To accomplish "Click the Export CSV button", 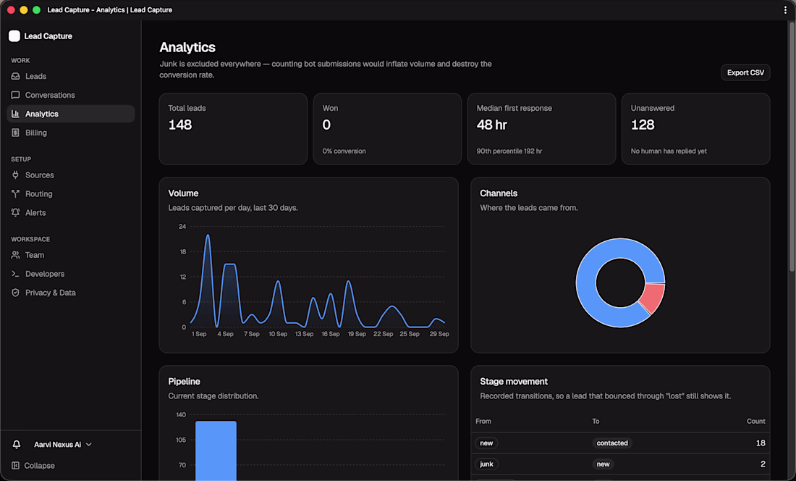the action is click(x=745, y=72).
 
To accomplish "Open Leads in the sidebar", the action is click(x=35, y=76).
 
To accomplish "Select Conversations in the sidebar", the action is click(x=50, y=95).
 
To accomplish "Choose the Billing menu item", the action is click(x=35, y=133).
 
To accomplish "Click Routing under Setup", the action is click(x=38, y=194).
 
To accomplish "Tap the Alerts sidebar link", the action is click(x=35, y=213).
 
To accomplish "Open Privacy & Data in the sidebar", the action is click(x=50, y=293).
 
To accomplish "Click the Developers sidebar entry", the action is click(x=45, y=274).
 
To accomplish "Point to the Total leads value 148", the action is click(x=180, y=125).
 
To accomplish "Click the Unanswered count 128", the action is click(x=643, y=125).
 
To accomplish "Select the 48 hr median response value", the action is click(x=492, y=125).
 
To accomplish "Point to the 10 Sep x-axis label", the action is click(x=278, y=334).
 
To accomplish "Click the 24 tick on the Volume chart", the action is click(x=182, y=227).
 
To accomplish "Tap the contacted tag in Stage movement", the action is click(x=612, y=443).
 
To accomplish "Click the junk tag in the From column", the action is click(x=486, y=464).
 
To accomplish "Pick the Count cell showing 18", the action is click(x=761, y=443).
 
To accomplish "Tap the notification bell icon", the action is click(x=17, y=445).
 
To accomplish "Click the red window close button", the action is click(x=11, y=9).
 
